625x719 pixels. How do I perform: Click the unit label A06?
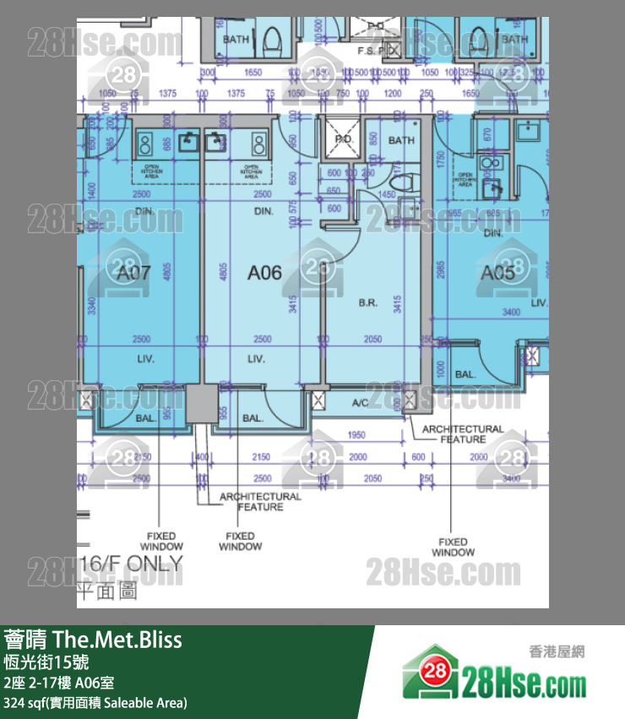point(264,273)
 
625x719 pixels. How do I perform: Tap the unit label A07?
point(134,273)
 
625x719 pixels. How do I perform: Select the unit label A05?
point(497,273)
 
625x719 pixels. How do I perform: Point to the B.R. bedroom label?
point(368,302)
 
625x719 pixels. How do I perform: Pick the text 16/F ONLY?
point(130,564)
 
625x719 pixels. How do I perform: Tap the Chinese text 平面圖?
point(107,591)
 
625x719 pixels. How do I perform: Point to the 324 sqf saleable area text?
point(95,702)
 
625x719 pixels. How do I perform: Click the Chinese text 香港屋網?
point(557,651)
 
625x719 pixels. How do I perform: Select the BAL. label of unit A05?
point(465,373)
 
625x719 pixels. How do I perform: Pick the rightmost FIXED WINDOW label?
point(453,547)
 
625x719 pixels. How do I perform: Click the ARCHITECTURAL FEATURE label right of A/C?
point(463,433)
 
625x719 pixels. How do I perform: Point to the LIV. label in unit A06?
point(257,359)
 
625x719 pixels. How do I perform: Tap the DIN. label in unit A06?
point(264,211)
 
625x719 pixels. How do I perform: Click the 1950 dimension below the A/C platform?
point(356,435)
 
